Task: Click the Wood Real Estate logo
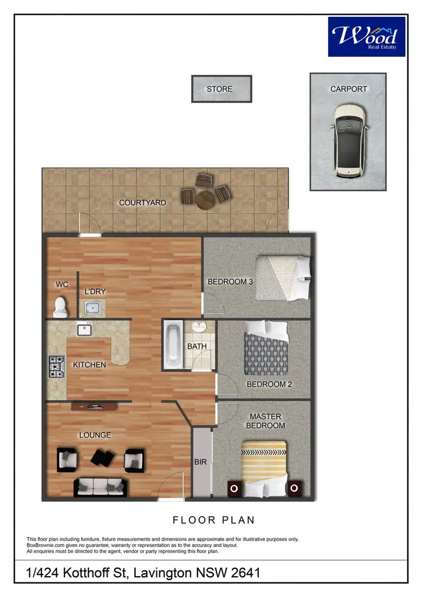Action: (366, 36)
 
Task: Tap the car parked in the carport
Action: (348, 139)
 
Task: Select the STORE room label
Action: (219, 89)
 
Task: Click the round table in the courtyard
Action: (205, 199)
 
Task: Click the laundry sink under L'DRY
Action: (93, 308)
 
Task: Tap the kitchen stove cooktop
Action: (56, 366)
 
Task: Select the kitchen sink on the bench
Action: (84, 329)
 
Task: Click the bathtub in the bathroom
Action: (173, 345)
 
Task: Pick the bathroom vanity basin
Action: (198, 327)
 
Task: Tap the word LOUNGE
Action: (95, 435)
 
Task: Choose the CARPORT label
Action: (348, 89)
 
